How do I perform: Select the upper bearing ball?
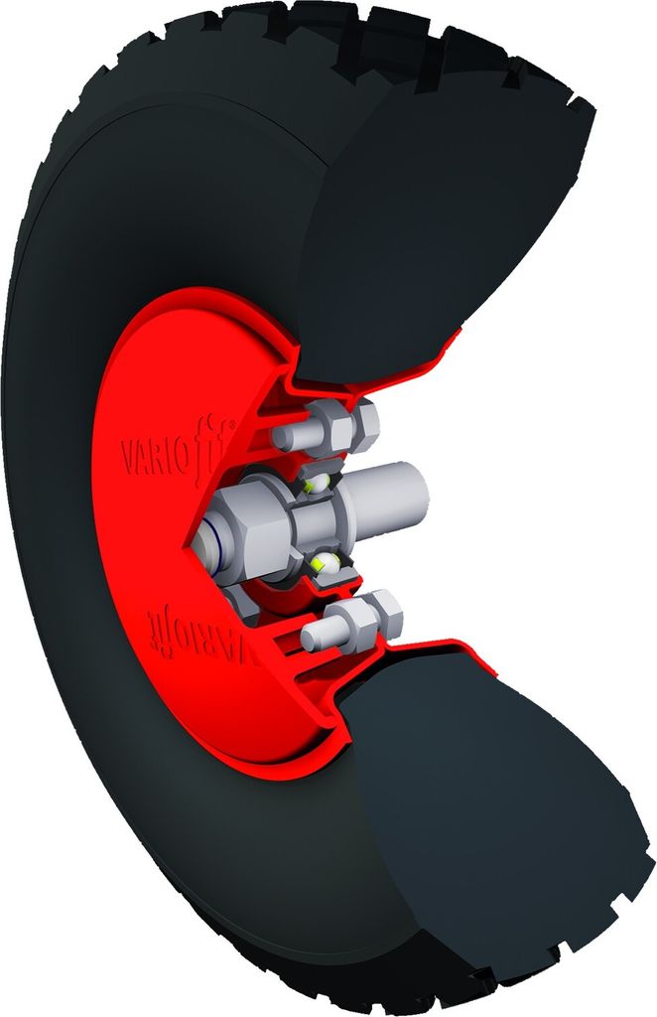pos(318,484)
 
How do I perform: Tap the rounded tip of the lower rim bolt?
pos(311,634)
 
